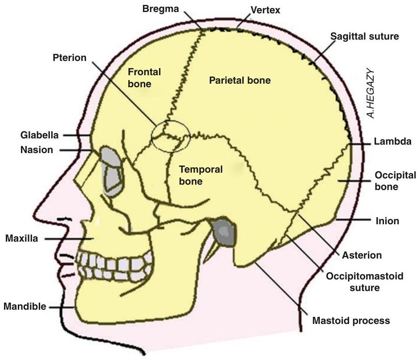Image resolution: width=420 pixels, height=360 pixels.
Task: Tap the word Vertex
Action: tap(265, 10)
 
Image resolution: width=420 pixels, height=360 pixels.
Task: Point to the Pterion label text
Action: tap(69, 58)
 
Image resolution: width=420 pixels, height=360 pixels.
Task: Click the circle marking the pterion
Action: tap(171, 136)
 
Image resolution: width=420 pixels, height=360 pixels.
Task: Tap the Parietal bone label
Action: tap(240, 81)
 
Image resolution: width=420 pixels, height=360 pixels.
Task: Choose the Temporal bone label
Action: tap(200, 175)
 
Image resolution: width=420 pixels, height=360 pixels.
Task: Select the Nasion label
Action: tap(37, 150)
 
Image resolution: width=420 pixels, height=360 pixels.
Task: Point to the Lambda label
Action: tap(392, 142)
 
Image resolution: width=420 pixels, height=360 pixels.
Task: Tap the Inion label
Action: tap(387, 221)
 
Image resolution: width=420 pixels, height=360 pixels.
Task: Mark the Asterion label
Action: tap(362, 255)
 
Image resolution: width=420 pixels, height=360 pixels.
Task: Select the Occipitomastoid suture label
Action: tap(364, 282)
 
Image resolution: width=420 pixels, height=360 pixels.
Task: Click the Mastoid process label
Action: tap(351, 320)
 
